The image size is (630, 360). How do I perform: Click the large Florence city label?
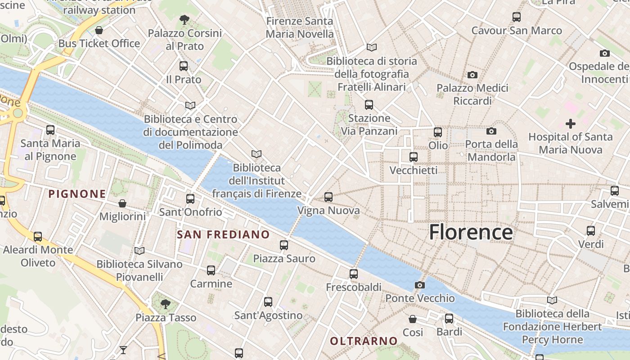(471, 232)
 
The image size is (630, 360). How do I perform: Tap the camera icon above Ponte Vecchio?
(419, 285)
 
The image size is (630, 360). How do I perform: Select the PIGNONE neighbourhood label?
(77, 194)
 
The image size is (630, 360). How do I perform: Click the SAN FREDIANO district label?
(223, 234)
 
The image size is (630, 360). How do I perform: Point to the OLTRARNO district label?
(364, 341)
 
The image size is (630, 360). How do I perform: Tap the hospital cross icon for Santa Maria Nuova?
(570, 124)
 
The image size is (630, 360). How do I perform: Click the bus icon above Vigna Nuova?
(328, 197)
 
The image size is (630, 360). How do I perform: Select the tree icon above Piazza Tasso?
(166, 304)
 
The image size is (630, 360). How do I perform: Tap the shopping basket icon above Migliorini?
(122, 203)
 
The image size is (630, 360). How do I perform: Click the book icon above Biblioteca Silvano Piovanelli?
(139, 251)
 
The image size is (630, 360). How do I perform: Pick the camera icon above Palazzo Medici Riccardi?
(472, 75)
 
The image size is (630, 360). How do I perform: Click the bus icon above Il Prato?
(184, 66)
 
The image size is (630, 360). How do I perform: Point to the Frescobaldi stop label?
(354, 287)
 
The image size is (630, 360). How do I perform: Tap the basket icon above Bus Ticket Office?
(99, 30)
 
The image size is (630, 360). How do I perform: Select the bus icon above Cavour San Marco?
(517, 17)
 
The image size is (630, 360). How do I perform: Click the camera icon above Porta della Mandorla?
(491, 131)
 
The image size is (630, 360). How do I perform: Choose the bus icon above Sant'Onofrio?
(190, 198)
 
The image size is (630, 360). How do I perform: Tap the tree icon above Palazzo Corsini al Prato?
(184, 20)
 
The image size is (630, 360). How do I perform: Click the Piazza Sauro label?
(284, 259)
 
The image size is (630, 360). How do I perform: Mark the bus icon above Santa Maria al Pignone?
(50, 130)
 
